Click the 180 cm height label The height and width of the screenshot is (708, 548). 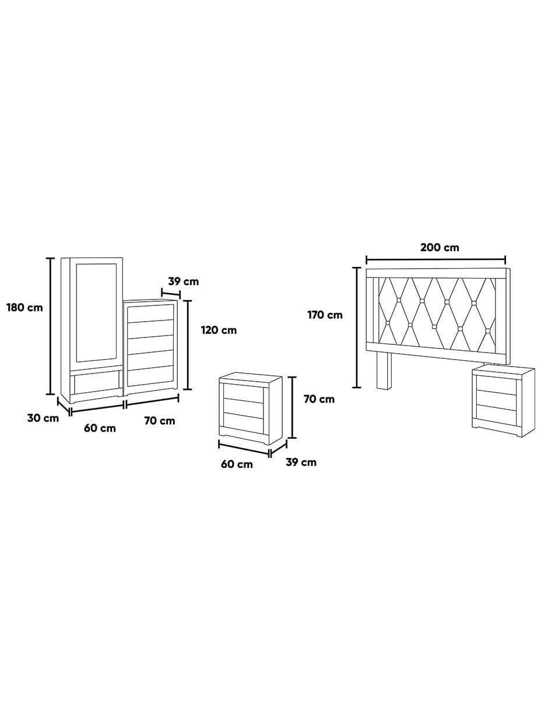pos(24,308)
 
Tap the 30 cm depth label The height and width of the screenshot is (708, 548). pos(43,418)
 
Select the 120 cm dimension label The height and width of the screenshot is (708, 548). pos(219,330)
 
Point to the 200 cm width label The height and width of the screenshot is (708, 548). pos(440,248)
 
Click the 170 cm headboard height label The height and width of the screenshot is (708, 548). pos(325,315)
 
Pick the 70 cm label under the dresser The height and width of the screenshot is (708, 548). pos(160,421)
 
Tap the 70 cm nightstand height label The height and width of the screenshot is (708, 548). pos(319,399)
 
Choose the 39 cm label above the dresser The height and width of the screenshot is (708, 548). pos(184,281)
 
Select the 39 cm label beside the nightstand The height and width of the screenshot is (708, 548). pos(301,462)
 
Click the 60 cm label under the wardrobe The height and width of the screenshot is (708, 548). pos(100,428)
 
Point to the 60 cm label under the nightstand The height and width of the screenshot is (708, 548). pos(237,464)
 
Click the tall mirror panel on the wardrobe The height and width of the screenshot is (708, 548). pos(96,313)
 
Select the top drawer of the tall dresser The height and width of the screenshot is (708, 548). pos(150,313)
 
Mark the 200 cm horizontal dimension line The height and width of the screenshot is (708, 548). pos(436,260)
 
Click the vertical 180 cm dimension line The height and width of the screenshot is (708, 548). pos(50,326)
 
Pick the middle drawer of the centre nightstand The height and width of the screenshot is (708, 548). pos(243,407)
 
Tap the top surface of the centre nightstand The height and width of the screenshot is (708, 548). pos(251,379)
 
